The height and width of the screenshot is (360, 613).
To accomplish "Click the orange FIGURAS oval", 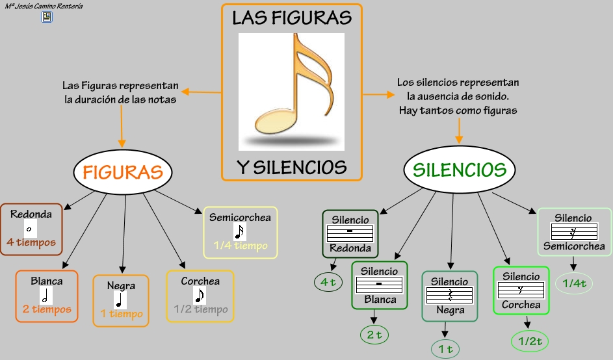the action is (x=123, y=172).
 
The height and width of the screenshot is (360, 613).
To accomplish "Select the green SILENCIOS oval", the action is (x=460, y=169).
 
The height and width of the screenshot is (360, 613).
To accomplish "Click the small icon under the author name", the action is (x=47, y=17).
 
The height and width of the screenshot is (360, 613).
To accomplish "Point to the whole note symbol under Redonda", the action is (x=30, y=229).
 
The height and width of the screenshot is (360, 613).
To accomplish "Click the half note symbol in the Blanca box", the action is (x=46, y=296).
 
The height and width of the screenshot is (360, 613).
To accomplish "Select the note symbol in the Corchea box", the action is (x=200, y=296).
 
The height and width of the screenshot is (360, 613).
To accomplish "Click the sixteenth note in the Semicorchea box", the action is (x=240, y=232).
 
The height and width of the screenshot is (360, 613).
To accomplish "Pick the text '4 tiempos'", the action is (x=31, y=242).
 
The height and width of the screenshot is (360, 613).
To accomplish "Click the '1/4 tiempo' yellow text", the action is (x=241, y=246).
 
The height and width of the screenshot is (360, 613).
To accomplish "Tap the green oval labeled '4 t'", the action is (x=328, y=282).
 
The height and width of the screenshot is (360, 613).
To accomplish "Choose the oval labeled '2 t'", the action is (x=374, y=335).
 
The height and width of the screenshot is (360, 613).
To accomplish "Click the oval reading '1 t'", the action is (x=445, y=349).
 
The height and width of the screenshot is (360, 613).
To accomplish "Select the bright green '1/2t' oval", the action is (x=530, y=341).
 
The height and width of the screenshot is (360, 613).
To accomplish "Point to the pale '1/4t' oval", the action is (x=574, y=283).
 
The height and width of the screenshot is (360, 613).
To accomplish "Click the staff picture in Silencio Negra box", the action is (x=450, y=295).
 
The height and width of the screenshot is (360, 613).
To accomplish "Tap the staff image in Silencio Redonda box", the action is (x=350, y=233).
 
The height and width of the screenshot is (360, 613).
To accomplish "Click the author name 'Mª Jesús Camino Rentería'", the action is (x=44, y=6).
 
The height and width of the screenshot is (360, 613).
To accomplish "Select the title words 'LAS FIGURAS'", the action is (x=292, y=18).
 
